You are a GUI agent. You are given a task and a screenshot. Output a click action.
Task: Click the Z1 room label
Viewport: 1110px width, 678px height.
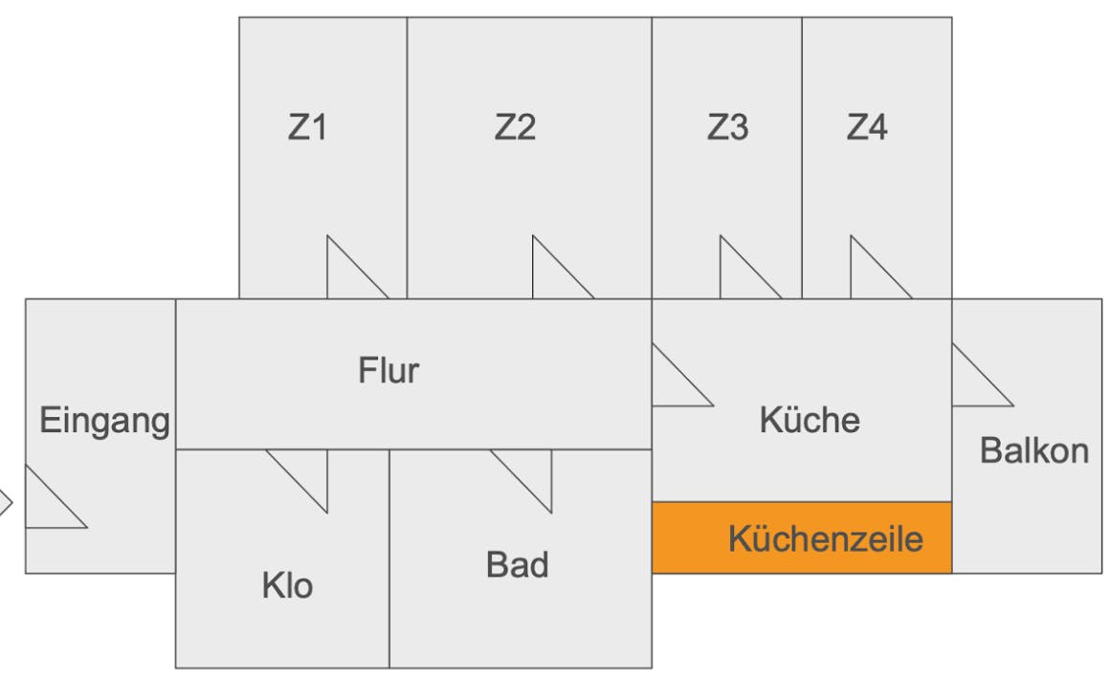(307, 127)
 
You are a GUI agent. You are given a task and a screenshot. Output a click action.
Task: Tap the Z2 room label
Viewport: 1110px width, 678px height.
(515, 127)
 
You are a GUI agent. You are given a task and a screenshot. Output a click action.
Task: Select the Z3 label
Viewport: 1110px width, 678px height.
(727, 127)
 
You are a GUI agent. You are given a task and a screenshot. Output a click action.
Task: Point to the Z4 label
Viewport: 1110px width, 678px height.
(866, 127)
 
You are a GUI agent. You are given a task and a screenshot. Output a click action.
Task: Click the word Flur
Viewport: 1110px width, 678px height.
(388, 370)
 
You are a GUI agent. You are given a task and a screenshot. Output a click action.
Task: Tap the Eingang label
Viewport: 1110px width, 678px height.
(104, 420)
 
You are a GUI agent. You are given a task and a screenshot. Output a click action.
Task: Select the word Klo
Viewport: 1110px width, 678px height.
(287, 585)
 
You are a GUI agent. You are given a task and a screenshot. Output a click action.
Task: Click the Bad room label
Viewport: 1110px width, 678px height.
(517, 564)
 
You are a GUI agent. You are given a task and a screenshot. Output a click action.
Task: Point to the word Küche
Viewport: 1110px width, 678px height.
(810, 420)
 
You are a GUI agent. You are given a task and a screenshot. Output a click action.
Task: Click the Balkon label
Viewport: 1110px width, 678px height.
(1034, 450)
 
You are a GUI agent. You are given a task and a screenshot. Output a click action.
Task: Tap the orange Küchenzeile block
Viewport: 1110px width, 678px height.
(802, 537)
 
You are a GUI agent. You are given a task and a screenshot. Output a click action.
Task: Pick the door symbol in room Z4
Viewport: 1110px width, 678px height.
(871, 276)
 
